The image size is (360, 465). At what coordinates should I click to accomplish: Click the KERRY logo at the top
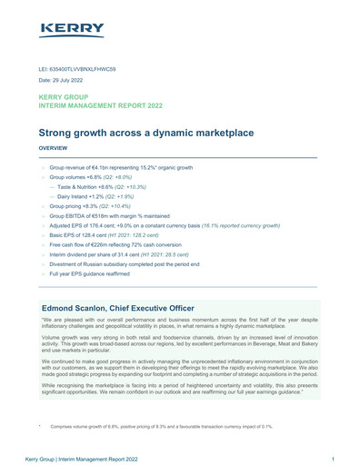tap(72, 29)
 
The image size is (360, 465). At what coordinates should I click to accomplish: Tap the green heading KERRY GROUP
tap(69, 96)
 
